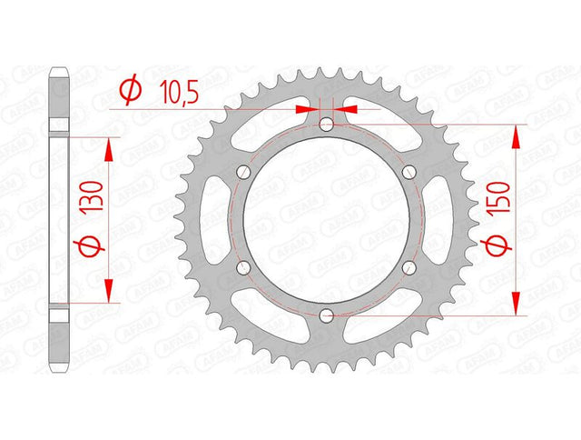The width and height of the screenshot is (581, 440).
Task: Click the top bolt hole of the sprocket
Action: pos(326,125)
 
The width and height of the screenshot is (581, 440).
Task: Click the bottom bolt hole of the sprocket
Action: pos(326,315)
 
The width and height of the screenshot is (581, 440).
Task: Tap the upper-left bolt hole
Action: pos(243,172)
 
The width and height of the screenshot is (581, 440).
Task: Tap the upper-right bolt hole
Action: pos(409,172)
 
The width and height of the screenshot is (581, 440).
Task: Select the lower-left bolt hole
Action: pos(243,267)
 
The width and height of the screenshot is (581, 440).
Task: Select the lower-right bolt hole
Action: pos(409,267)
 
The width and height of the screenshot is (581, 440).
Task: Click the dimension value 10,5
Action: pos(179,93)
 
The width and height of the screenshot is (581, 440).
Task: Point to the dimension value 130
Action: pos(92,195)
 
